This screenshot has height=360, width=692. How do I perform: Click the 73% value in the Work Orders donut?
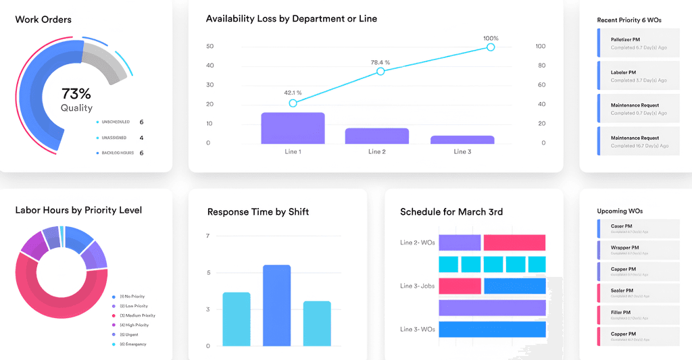(x=76, y=94)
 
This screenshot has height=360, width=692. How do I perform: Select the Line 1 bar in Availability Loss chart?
(x=293, y=128)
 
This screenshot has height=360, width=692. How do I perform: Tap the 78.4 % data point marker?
(x=380, y=71)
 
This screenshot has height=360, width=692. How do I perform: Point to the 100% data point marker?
(x=491, y=47)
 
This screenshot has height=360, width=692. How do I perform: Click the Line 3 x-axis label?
(x=462, y=152)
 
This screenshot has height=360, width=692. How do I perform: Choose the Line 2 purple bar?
(x=377, y=136)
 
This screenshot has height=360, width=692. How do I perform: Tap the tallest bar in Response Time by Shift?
(x=276, y=305)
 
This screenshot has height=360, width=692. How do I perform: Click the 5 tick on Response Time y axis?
(x=208, y=273)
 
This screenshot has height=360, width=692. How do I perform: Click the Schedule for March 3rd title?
(x=451, y=212)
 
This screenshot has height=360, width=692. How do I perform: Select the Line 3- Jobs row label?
(x=417, y=286)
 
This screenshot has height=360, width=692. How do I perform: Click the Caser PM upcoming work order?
(x=638, y=228)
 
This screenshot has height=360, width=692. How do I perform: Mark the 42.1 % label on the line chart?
(x=293, y=93)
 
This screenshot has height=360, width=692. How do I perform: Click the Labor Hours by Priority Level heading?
(x=78, y=210)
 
